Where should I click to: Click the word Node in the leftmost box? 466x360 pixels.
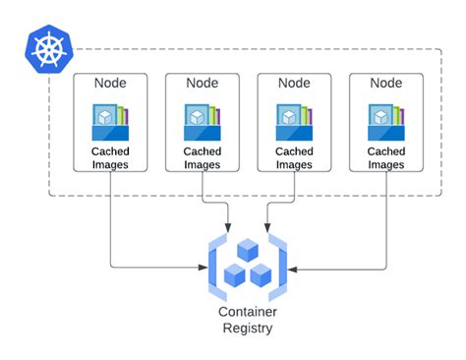click(110, 84)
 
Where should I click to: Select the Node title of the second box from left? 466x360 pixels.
click(202, 84)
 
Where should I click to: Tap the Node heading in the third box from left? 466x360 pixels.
click(294, 84)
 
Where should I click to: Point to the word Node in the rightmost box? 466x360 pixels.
click(385, 84)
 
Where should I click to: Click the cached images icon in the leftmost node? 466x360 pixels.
click(111, 122)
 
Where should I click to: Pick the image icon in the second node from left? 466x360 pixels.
click(203, 122)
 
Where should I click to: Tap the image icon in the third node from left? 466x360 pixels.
click(295, 122)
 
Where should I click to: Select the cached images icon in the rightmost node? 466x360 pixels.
click(386, 122)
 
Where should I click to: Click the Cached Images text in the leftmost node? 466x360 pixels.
click(110, 157)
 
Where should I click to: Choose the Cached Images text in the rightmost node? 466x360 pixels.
click(385, 157)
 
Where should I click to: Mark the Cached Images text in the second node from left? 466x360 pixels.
click(202, 157)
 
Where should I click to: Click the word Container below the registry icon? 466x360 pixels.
click(247, 312)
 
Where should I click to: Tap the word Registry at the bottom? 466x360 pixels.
click(247, 329)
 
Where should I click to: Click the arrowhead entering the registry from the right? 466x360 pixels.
click(292, 266)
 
